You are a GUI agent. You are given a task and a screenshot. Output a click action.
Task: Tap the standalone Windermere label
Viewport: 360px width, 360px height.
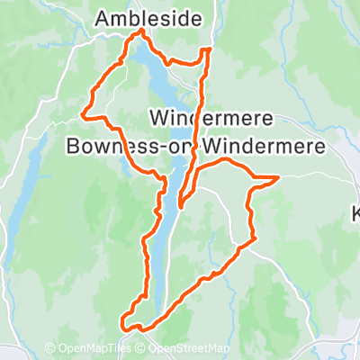209,117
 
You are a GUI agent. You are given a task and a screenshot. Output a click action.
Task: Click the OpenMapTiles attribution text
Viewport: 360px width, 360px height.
90,349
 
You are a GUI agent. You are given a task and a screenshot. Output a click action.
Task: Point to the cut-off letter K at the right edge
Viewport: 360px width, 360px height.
355,213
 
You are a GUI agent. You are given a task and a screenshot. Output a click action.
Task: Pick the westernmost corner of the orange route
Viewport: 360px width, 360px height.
84,114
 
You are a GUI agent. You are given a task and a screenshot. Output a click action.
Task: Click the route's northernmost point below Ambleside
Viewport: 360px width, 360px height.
140,31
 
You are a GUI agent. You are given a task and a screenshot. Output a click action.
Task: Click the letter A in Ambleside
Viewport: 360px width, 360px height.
103,16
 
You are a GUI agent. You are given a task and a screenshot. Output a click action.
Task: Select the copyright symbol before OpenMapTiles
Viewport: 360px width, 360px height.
50,349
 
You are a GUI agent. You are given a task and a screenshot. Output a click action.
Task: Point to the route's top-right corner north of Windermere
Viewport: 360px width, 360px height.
210,49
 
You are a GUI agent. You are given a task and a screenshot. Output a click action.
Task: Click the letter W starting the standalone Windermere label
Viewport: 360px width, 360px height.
160,117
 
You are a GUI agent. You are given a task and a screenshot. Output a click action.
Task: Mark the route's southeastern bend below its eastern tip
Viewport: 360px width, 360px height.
252,238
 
